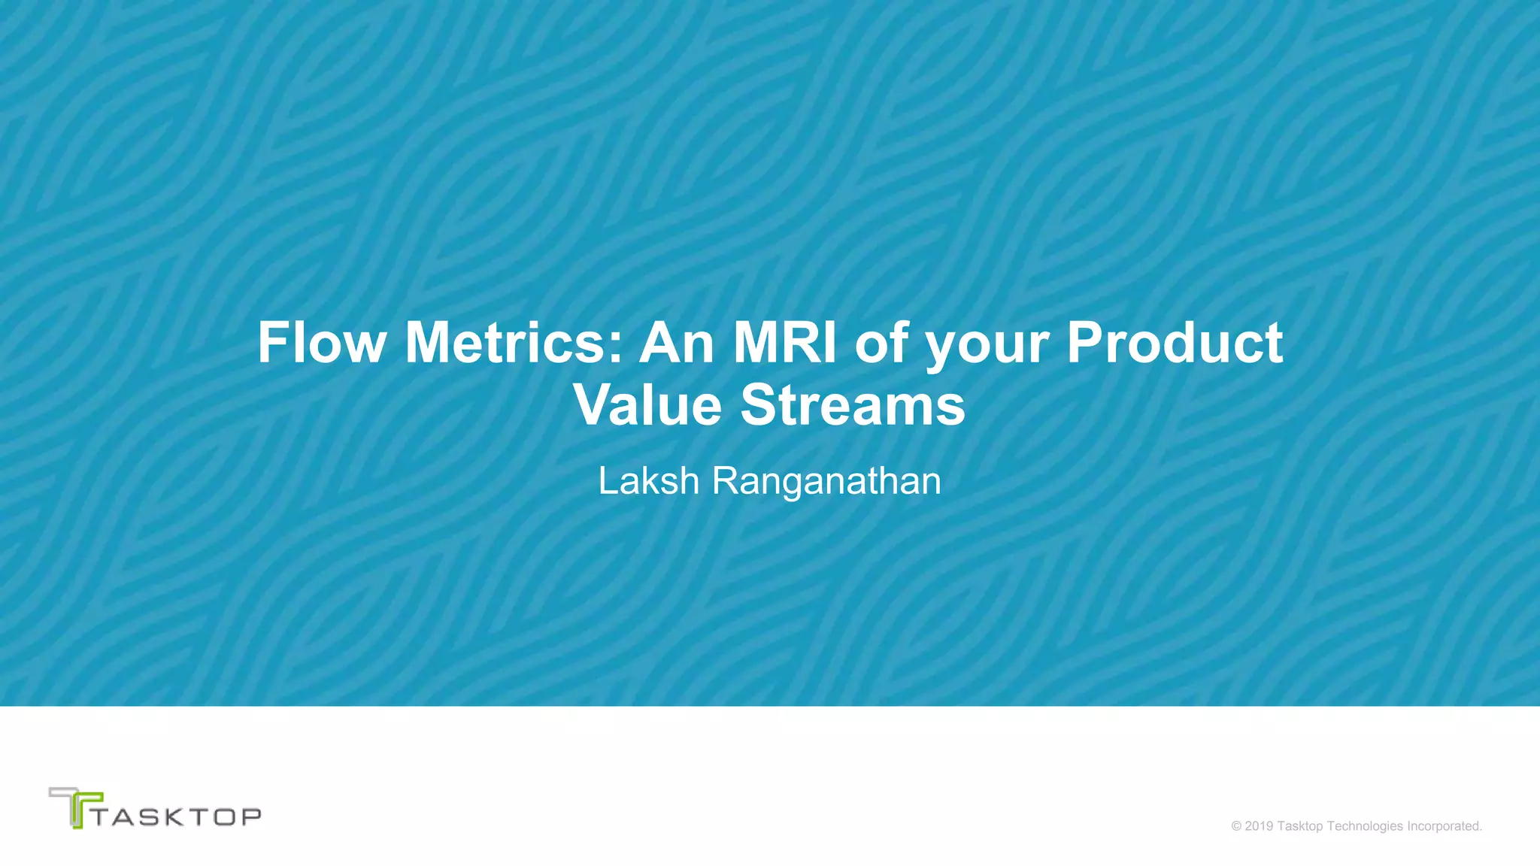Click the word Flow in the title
click(x=322, y=343)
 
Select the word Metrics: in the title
click(x=514, y=343)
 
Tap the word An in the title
click(x=677, y=343)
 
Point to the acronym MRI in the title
click(x=784, y=343)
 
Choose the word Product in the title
click(x=1175, y=343)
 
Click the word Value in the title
click(x=647, y=405)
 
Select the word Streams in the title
click(x=853, y=405)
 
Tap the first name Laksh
click(x=648, y=481)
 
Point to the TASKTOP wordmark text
click(x=177, y=816)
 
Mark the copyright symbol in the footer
click(x=1236, y=826)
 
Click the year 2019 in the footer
click(x=1260, y=826)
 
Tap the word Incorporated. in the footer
click(x=1445, y=826)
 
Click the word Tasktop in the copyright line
click(x=1300, y=826)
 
